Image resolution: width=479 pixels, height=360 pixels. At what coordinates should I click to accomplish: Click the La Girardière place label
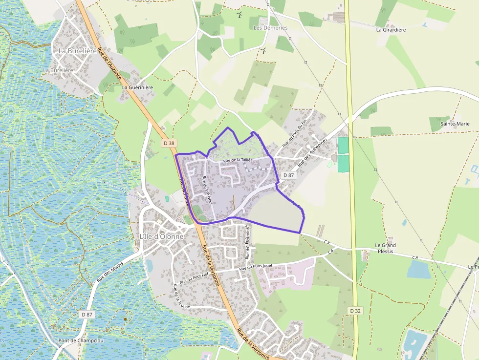coord(391,30)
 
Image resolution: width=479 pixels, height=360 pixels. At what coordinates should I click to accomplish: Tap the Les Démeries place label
coord(271,28)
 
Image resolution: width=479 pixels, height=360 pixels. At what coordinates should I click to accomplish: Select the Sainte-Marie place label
coord(455,124)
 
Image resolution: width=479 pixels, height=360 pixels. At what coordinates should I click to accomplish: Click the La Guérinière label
coord(137,87)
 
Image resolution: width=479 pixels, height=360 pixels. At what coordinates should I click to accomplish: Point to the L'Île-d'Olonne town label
coord(161,237)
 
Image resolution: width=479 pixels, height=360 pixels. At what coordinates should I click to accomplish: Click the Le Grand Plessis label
coord(385,248)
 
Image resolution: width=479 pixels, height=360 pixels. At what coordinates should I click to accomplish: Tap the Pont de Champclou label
coord(79,341)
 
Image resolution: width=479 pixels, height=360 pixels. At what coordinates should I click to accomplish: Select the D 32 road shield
coord(355,311)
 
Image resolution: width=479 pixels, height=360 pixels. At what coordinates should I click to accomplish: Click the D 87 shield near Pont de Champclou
coord(87,315)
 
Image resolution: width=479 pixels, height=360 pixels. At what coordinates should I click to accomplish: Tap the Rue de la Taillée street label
coord(238,160)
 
